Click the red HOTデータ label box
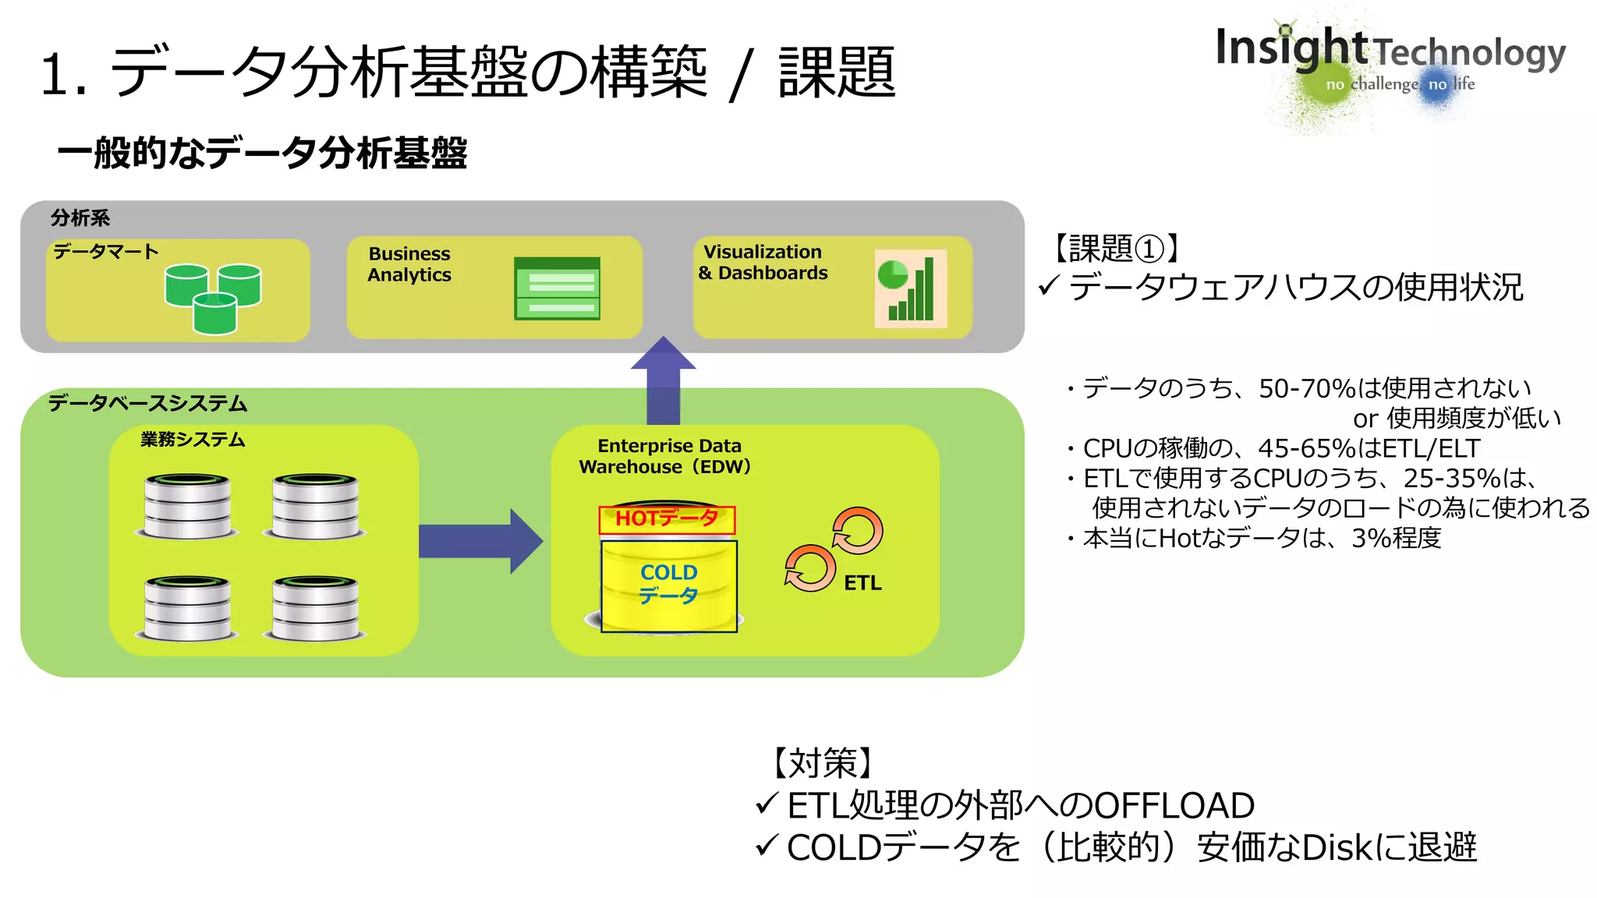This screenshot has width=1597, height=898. (x=667, y=519)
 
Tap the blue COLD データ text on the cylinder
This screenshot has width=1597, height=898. (x=668, y=584)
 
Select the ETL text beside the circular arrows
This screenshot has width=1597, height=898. (x=862, y=583)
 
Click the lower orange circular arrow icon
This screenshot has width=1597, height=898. (x=810, y=568)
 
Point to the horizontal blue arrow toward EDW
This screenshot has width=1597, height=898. (x=480, y=541)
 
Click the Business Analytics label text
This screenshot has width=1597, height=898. (x=409, y=264)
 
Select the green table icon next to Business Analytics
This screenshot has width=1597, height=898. (x=557, y=288)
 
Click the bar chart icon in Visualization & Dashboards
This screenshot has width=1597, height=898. (x=910, y=288)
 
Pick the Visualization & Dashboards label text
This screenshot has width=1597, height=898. (x=763, y=263)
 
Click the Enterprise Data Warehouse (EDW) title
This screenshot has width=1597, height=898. (x=665, y=456)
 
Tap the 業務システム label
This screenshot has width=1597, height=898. (x=193, y=440)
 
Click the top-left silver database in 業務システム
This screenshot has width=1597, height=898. (x=187, y=506)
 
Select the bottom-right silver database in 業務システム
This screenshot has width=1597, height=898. (x=315, y=609)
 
